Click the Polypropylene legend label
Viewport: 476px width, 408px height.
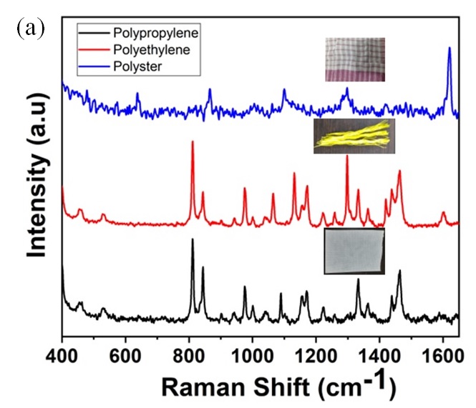point(155,33)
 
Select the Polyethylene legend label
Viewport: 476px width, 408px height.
point(152,50)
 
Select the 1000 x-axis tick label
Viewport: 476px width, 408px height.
point(252,354)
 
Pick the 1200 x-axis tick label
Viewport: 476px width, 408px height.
point(316,354)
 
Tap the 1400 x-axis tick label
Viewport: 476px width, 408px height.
point(379,354)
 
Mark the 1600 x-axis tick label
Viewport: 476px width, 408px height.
point(442,354)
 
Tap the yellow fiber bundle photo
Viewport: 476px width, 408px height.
point(354,136)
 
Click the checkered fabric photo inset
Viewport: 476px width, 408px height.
point(356,59)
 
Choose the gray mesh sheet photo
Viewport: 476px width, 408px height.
point(355,251)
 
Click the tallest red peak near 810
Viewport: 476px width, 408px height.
point(192,142)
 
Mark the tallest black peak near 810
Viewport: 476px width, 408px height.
point(192,240)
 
